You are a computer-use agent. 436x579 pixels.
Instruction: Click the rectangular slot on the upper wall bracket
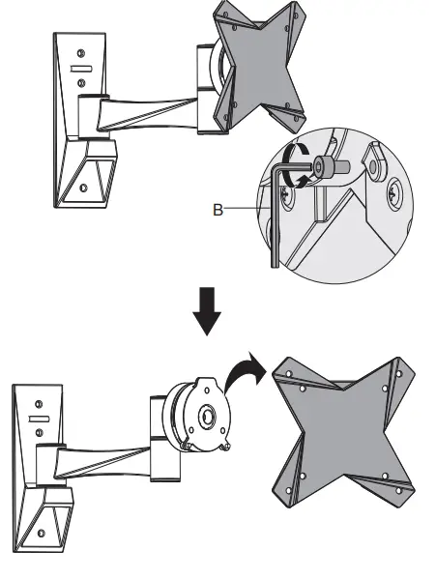(x=81, y=69)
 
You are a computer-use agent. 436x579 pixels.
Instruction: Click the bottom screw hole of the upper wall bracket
(x=84, y=187)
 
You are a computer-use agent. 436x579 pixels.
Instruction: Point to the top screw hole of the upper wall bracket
(x=81, y=51)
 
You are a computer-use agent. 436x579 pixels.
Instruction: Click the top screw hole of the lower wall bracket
(x=40, y=400)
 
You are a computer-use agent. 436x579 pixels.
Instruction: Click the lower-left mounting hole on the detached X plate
(x=304, y=478)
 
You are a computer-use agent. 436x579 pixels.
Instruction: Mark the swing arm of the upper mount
(x=145, y=111)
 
